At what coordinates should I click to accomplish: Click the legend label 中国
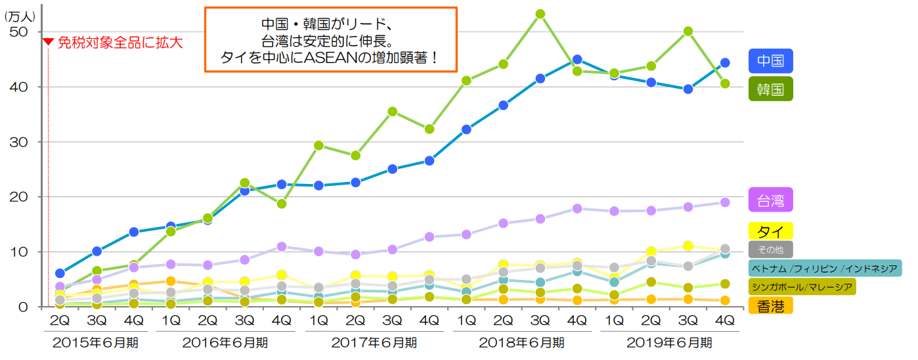click(770, 61)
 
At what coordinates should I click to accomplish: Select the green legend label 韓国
click(770, 89)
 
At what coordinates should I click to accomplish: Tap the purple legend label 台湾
click(770, 199)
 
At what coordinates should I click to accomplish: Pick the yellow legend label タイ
click(770, 231)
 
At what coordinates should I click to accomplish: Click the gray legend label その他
click(770, 249)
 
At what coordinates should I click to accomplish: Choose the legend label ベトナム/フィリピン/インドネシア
click(825, 268)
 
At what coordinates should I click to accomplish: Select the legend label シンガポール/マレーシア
click(802, 286)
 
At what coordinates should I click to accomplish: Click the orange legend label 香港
click(770, 305)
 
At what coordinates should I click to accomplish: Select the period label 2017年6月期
click(374, 342)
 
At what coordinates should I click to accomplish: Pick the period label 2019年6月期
click(669, 342)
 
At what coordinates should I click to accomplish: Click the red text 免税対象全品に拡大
click(120, 43)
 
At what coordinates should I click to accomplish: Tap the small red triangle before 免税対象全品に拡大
click(48, 42)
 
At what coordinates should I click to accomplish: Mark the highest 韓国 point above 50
click(540, 14)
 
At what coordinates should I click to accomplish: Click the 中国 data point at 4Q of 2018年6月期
click(577, 60)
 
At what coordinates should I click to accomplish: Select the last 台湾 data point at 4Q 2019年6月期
click(725, 202)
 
